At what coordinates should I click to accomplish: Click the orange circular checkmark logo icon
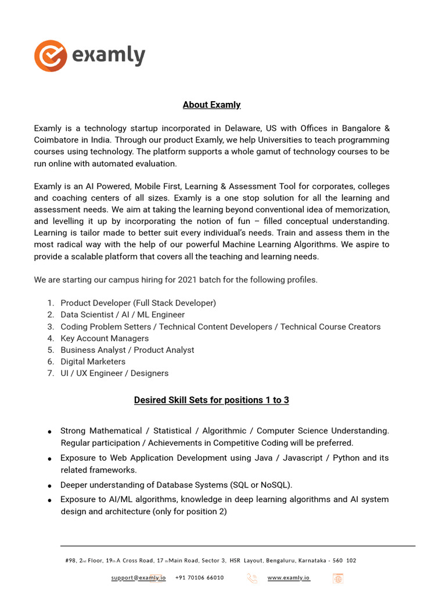point(51,56)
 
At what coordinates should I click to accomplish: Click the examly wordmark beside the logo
point(109,56)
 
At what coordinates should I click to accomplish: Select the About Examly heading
point(211,105)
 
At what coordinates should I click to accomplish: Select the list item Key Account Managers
point(105,338)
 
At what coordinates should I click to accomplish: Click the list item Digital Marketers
point(93,361)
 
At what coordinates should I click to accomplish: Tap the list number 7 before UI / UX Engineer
point(51,373)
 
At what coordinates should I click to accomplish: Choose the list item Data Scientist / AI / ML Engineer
point(123,314)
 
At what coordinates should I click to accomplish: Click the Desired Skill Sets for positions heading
point(211,400)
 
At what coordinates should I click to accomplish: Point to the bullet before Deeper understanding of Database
point(51,485)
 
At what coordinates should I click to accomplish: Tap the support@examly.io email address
point(138,578)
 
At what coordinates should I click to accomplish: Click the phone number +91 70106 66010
point(199,578)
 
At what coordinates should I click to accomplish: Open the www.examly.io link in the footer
point(289,578)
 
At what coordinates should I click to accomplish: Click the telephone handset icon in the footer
point(252,578)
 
